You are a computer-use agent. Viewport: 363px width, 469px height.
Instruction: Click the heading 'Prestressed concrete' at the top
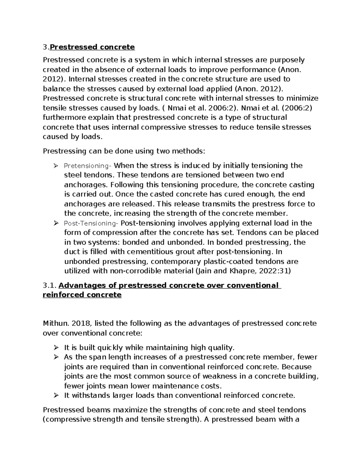(92, 47)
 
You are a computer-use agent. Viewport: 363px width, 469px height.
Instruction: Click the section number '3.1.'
(49, 285)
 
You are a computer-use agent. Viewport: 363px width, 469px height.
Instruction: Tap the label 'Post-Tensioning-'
(91, 223)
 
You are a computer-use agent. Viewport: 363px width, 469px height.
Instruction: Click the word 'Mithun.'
(57, 323)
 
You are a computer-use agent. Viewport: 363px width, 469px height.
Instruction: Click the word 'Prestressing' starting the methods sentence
(62, 151)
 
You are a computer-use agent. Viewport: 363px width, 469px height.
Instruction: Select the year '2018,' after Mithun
(82, 323)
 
